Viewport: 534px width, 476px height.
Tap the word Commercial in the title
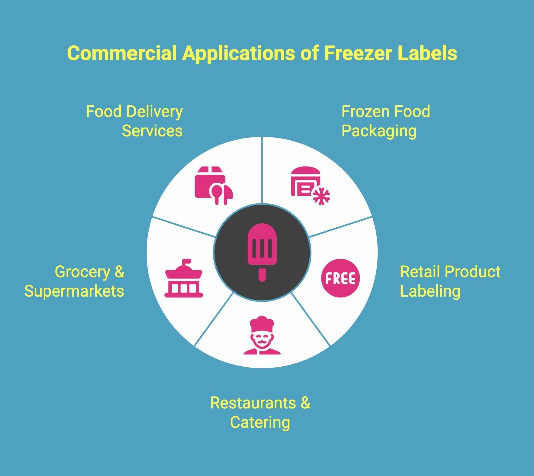[121, 53]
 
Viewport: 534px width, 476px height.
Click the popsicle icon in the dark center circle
[262, 247]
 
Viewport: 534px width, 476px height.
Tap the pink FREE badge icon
[340, 278]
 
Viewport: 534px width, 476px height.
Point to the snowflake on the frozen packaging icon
[321, 196]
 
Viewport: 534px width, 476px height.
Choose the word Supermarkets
[74, 291]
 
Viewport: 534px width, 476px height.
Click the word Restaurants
[253, 403]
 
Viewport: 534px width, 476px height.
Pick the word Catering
[260, 423]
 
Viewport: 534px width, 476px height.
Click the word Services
[152, 131]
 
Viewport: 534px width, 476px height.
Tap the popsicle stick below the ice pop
[262, 275]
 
